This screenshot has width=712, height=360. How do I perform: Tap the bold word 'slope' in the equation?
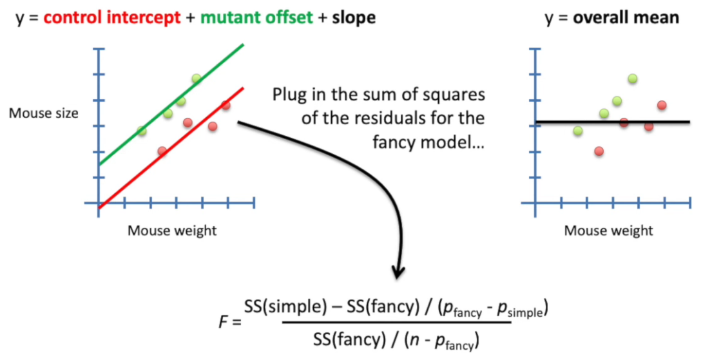(353, 17)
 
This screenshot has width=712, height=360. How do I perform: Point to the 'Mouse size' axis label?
(44, 114)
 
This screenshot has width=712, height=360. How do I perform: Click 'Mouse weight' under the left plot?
(172, 231)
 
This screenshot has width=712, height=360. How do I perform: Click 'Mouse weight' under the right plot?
(608, 231)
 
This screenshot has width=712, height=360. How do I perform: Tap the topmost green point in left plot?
(196, 79)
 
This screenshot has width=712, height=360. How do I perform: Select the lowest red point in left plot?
(162, 151)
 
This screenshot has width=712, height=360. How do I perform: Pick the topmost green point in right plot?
(633, 79)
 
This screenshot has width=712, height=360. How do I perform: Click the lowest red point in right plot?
(599, 151)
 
